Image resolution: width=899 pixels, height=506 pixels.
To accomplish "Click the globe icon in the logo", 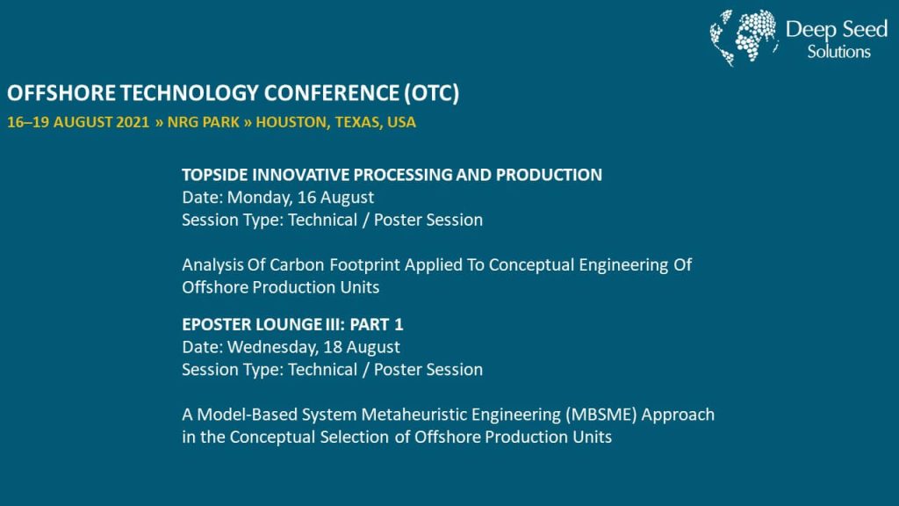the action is pyautogui.click(x=744, y=37).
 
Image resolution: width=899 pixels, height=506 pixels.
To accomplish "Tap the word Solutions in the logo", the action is pyautogui.click(x=838, y=52).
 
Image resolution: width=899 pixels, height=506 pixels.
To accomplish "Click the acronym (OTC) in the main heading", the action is pyautogui.click(x=431, y=93).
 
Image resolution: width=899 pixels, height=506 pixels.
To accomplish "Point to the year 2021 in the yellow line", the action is pyautogui.click(x=133, y=122).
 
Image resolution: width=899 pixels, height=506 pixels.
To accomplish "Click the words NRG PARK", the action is pyautogui.click(x=203, y=122).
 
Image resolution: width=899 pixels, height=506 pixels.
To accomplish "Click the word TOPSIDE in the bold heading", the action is pyautogui.click(x=215, y=175).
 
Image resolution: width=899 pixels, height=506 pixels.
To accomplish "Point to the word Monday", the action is pyautogui.click(x=260, y=198).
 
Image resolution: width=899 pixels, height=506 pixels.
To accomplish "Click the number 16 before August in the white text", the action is pyautogui.click(x=306, y=198).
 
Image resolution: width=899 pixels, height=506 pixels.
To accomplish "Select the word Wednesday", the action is pyautogui.click(x=273, y=348).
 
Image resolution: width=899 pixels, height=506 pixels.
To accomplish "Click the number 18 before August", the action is pyautogui.click(x=333, y=347).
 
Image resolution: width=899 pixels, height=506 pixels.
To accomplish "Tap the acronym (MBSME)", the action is pyautogui.click(x=601, y=415).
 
